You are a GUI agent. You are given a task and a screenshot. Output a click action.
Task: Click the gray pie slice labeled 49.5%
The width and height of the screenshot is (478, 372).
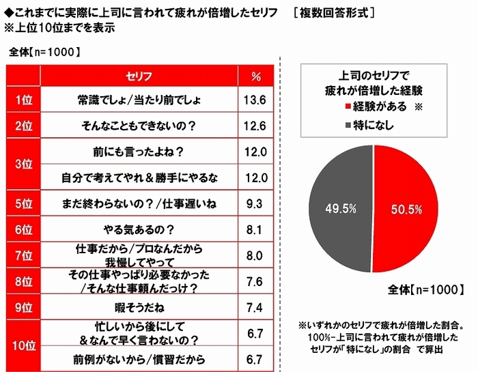pos(338,205)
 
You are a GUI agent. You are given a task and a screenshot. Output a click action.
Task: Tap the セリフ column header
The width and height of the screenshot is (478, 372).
pos(139,75)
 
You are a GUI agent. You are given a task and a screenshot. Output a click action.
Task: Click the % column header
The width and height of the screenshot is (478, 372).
pos(256,75)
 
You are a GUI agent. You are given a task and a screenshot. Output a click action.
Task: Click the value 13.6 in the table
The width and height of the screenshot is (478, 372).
pos(256,100)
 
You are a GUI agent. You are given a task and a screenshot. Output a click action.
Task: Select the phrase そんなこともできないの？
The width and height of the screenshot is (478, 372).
pos(139,124)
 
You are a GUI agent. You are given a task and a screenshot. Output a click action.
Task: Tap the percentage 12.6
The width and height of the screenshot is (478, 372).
pos(256,124)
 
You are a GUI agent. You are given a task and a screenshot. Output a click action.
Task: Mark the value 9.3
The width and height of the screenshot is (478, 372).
pos(256,203)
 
